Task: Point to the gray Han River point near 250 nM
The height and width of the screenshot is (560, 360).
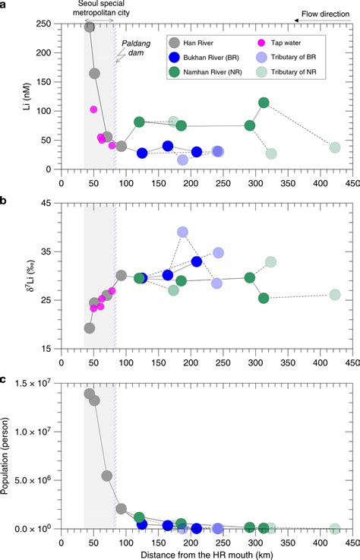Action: coord(89,27)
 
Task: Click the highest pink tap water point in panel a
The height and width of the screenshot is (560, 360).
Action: coord(93,109)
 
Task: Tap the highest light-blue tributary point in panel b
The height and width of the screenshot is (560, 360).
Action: coord(182,232)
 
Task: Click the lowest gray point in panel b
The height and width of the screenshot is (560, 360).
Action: coord(89,328)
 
